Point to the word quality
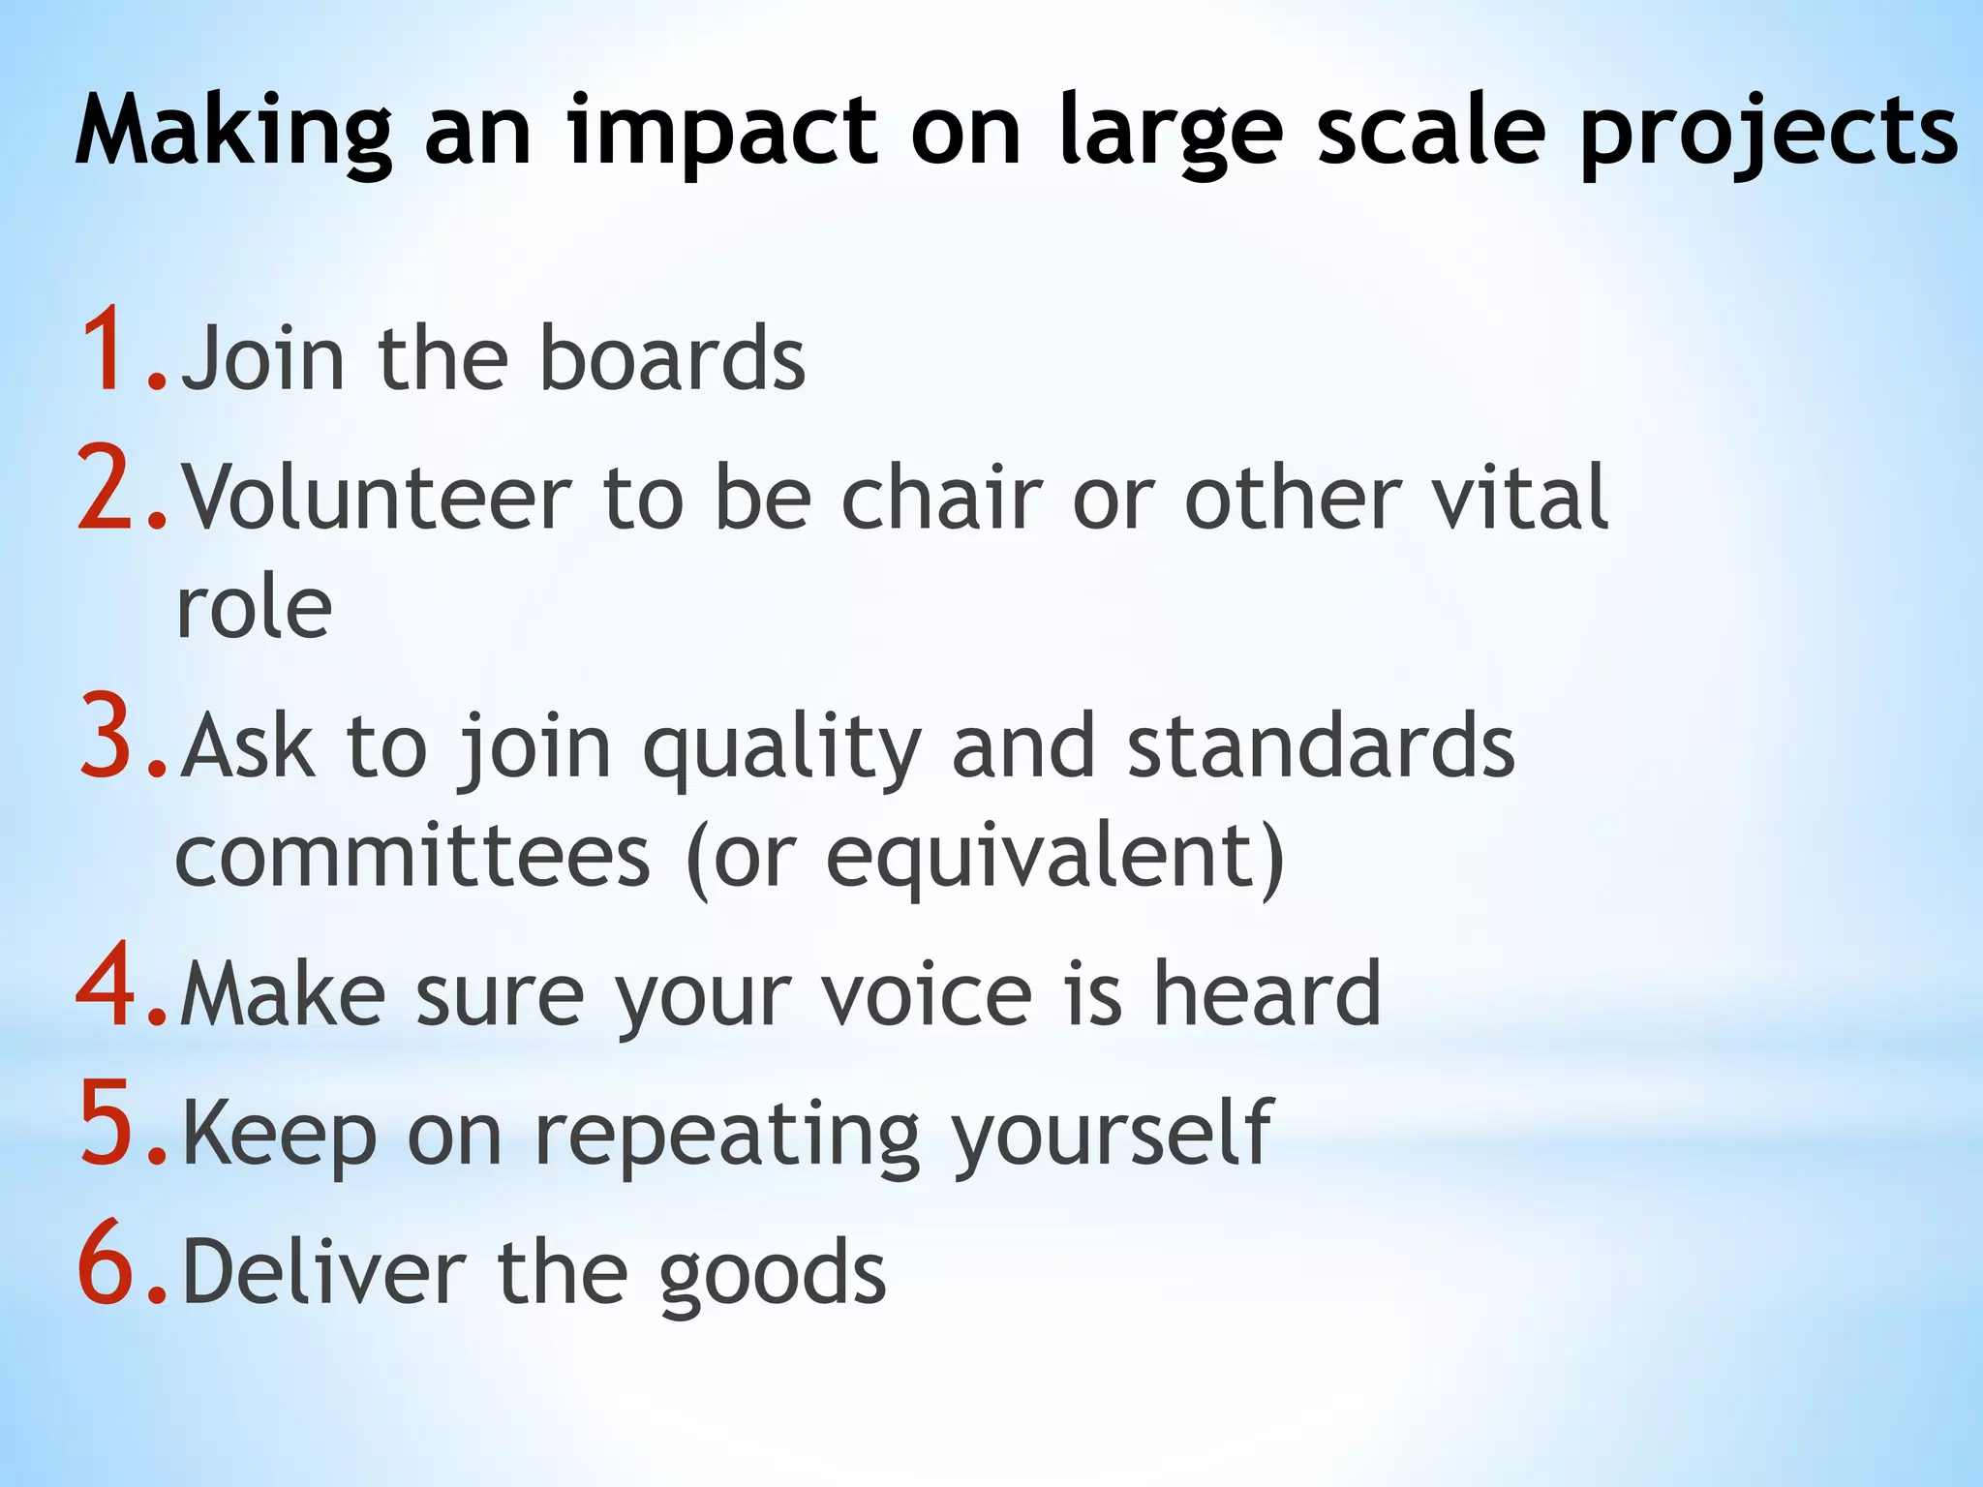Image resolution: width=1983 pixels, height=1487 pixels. (x=782, y=747)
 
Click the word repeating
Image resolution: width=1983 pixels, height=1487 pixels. (x=726, y=1135)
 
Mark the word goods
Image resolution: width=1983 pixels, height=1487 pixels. (x=773, y=1275)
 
